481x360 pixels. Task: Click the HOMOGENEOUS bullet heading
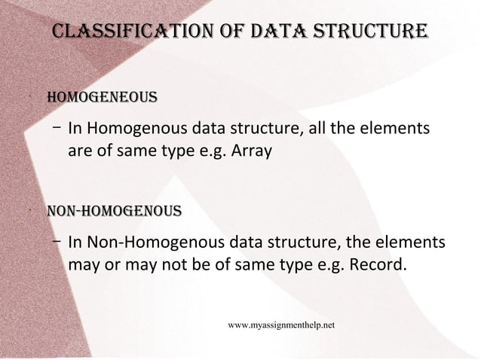(102, 98)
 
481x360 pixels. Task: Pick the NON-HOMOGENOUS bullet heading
(114, 209)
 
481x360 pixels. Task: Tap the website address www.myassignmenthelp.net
(281, 325)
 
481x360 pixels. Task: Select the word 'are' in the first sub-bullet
(80, 151)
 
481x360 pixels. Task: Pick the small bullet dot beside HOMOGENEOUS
(26, 98)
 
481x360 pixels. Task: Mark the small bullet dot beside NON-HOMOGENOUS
(26, 210)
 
